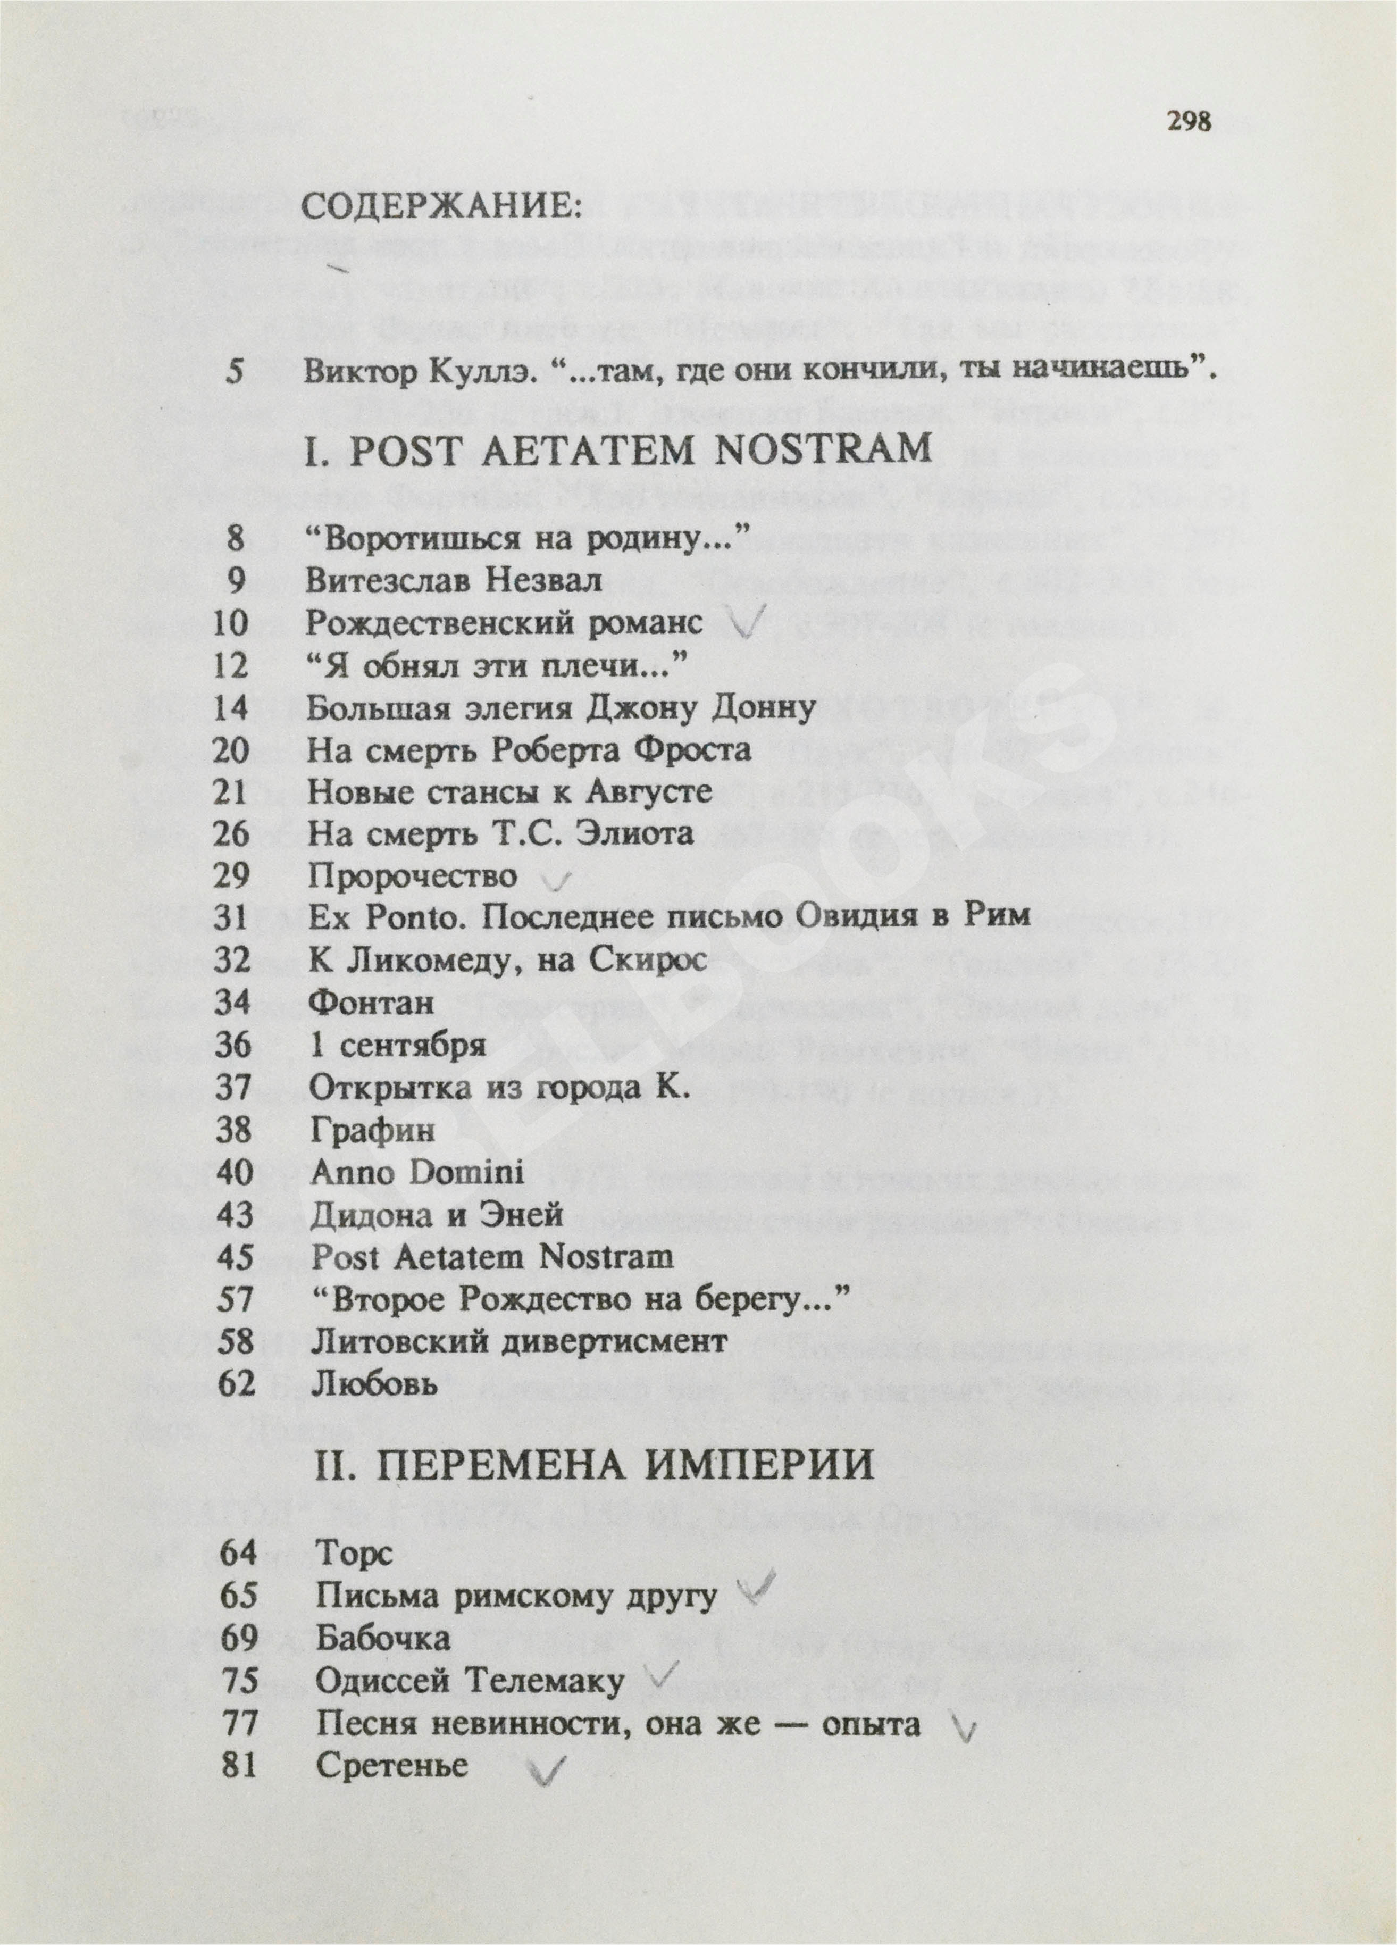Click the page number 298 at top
(1189, 123)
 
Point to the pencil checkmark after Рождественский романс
(749, 626)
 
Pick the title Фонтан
(371, 1001)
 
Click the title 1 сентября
(397, 1045)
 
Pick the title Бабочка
(382, 1638)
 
